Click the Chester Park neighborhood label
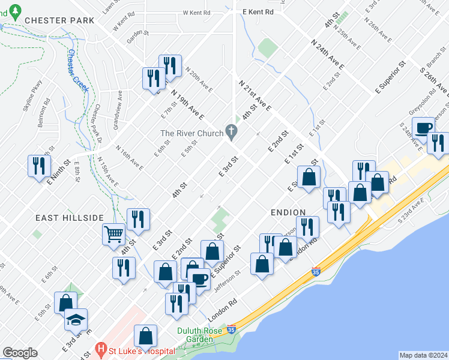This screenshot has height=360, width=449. click(59, 20)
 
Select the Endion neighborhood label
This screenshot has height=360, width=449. click(288, 212)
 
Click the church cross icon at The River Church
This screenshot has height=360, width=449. click(231, 133)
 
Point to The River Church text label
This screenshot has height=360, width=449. click(191, 133)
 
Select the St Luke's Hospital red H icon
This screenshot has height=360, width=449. click(101, 349)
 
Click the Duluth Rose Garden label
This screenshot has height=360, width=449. click(195, 335)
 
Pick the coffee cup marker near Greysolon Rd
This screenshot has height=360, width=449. click(423, 127)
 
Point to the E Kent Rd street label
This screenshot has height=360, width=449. click(258, 11)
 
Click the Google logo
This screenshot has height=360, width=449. click(20, 353)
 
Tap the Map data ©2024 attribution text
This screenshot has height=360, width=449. click(423, 355)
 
